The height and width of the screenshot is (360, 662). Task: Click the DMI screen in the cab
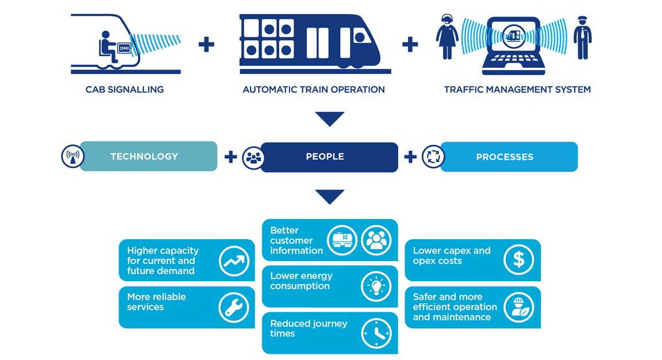(x=124, y=48)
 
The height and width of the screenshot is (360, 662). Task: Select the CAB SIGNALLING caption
(x=125, y=90)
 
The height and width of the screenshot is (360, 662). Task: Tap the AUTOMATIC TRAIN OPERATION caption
(x=314, y=90)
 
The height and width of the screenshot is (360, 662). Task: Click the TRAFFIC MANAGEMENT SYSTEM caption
(x=517, y=90)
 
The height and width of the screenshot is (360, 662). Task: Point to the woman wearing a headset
(x=447, y=38)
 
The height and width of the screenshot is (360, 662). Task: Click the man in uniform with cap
(x=582, y=38)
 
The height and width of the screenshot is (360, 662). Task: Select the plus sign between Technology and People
(x=230, y=157)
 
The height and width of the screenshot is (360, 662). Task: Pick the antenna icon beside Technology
(x=73, y=156)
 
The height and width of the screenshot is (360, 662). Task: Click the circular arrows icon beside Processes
(x=433, y=157)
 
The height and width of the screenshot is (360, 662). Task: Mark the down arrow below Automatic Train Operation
(x=330, y=119)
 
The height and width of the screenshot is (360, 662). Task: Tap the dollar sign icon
(x=518, y=260)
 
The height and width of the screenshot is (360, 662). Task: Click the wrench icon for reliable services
(x=234, y=308)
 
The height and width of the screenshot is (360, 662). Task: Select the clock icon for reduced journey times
(x=376, y=333)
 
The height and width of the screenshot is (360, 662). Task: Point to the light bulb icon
(x=376, y=286)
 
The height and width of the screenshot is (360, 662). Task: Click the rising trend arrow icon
(x=234, y=261)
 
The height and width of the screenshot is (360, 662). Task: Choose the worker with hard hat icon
(x=518, y=307)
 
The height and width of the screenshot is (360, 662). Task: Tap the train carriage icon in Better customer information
(x=342, y=240)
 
